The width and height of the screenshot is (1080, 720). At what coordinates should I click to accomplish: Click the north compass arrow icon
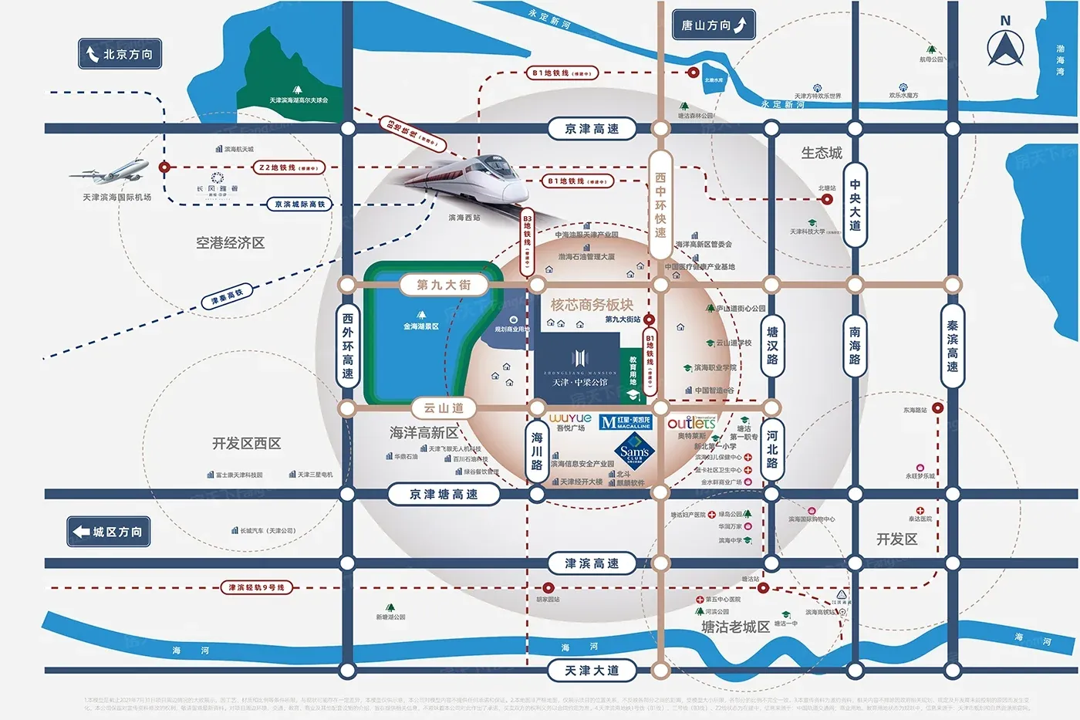[1005, 47]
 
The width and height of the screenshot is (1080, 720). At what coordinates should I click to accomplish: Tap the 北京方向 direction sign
[120, 54]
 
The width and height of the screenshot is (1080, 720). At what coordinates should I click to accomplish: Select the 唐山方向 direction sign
[714, 25]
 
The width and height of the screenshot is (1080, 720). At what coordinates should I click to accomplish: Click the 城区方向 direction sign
[108, 532]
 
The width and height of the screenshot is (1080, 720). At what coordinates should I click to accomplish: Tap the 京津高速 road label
[592, 129]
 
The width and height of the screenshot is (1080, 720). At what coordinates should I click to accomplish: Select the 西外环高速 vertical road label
[348, 345]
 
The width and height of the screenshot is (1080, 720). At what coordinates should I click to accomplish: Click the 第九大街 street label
[444, 285]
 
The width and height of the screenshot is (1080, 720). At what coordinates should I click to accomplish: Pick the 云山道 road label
[444, 407]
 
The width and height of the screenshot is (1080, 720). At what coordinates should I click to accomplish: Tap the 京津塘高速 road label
[444, 494]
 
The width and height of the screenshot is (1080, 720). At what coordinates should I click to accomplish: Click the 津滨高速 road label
[592, 563]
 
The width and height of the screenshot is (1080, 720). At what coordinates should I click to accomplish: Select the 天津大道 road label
[592, 671]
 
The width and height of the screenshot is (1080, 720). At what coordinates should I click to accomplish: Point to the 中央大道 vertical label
[855, 205]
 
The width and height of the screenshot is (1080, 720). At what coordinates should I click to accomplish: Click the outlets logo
[691, 423]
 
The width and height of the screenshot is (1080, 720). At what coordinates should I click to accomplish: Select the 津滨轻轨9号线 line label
[256, 588]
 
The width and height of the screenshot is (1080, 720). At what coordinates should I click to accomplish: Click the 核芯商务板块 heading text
[592, 305]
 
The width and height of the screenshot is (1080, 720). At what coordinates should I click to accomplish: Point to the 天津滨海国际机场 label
[117, 198]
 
